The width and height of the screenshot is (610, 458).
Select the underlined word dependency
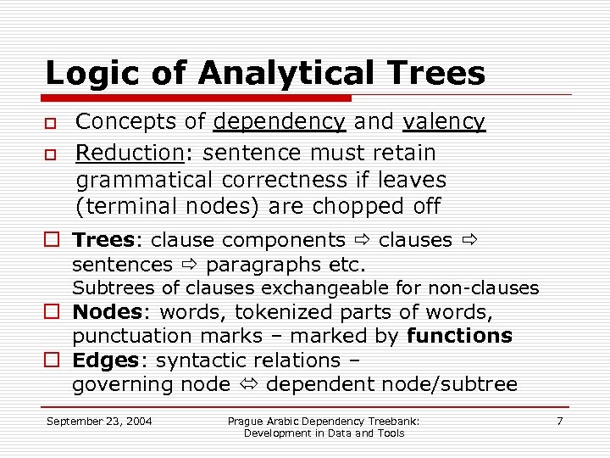pos(280,122)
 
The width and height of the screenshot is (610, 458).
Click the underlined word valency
pos(444,122)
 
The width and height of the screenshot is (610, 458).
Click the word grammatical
pos(144,180)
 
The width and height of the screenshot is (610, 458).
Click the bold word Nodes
pos(105,312)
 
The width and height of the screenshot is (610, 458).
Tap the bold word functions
pos(459,336)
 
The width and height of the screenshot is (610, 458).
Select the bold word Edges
pos(105,360)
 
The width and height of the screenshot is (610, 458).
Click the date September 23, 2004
pos(99,421)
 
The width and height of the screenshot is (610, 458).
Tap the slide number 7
pos(559,421)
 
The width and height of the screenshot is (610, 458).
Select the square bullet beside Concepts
pos(51,124)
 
